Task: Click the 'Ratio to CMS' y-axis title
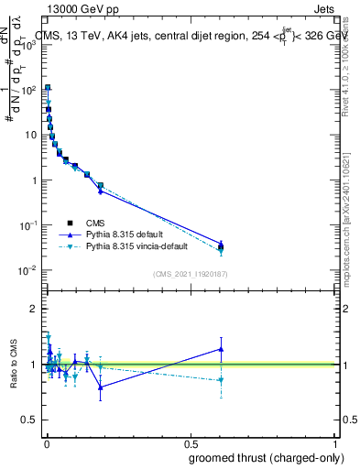(14, 365)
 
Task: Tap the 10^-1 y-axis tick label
(30, 225)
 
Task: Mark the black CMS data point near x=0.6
(221, 246)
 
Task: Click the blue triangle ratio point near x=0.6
(221, 349)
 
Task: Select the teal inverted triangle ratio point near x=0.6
(221, 380)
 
